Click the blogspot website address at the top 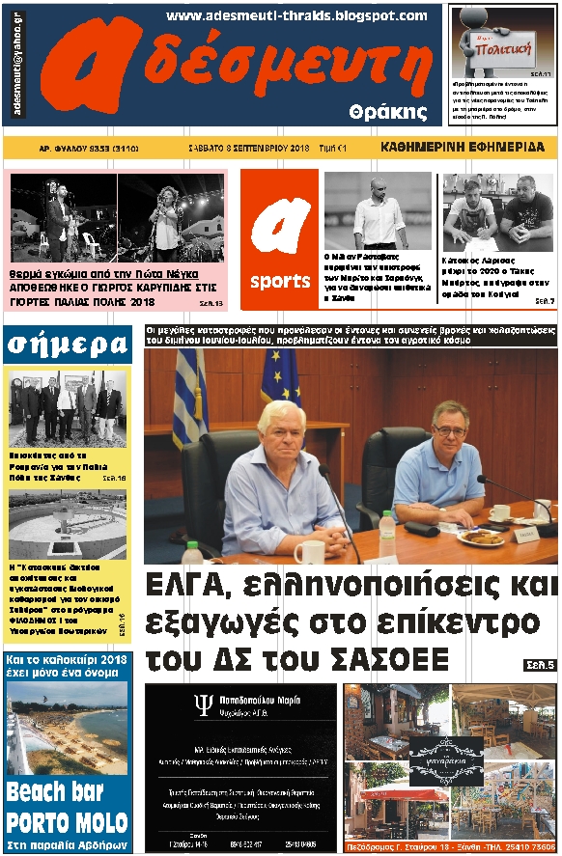pyautogui.click(x=295, y=15)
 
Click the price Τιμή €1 pyautogui.click(x=333, y=148)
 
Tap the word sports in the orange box pyautogui.click(x=280, y=282)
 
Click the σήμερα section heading pyautogui.click(x=67, y=343)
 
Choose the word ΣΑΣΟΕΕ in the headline pyautogui.click(x=390, y=660)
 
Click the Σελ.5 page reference pyautogui.click(x=539, y=666)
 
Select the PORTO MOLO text pyautogui.click(x=67, y=823)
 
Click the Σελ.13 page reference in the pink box pyautogui.click(x=211, y=303)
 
